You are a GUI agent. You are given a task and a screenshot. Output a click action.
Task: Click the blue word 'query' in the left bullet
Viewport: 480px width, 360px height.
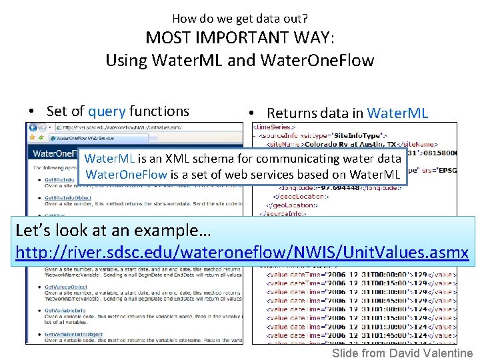107,111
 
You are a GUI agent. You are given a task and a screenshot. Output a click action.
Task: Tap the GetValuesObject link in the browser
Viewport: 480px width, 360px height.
65,286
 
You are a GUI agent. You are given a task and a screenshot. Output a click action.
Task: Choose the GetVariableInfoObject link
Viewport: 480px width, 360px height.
73,334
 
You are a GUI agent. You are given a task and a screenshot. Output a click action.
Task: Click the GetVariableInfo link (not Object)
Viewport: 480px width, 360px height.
65,310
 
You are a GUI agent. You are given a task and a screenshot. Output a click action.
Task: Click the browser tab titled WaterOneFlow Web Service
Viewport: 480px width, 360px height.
83,138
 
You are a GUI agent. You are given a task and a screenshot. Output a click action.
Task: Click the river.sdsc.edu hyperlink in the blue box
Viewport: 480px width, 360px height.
241,253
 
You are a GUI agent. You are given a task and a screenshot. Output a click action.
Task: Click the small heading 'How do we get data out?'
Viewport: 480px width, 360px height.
240,18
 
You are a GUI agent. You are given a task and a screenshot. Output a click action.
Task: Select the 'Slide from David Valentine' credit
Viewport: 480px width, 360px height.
402,353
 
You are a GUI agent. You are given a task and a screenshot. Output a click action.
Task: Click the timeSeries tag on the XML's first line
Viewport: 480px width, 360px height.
276,126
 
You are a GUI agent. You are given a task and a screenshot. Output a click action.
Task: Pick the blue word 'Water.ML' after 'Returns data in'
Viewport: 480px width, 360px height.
397,113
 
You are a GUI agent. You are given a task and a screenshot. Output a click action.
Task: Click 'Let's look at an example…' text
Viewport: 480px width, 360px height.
113,231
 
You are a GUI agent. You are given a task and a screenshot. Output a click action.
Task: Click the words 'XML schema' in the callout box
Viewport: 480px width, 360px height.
199,159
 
